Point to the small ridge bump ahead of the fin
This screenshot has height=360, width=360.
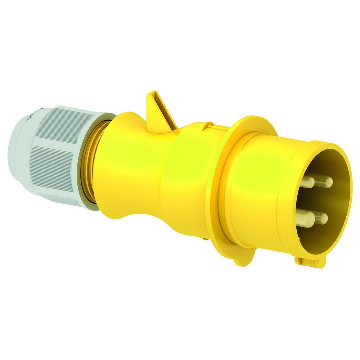(208, 126)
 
